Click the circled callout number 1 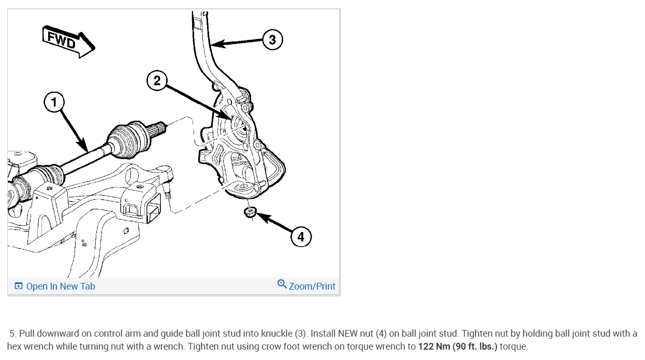[54, 103]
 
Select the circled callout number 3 [272, 39]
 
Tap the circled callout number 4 [301, 237]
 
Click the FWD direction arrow [68, 41]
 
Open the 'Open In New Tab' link [61, 286]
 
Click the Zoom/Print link [312, 286]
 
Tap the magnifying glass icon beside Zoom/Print [282, 284]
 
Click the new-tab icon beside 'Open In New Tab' [19, 286]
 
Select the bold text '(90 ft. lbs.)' [475, 347]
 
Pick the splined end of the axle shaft [158, 126]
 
